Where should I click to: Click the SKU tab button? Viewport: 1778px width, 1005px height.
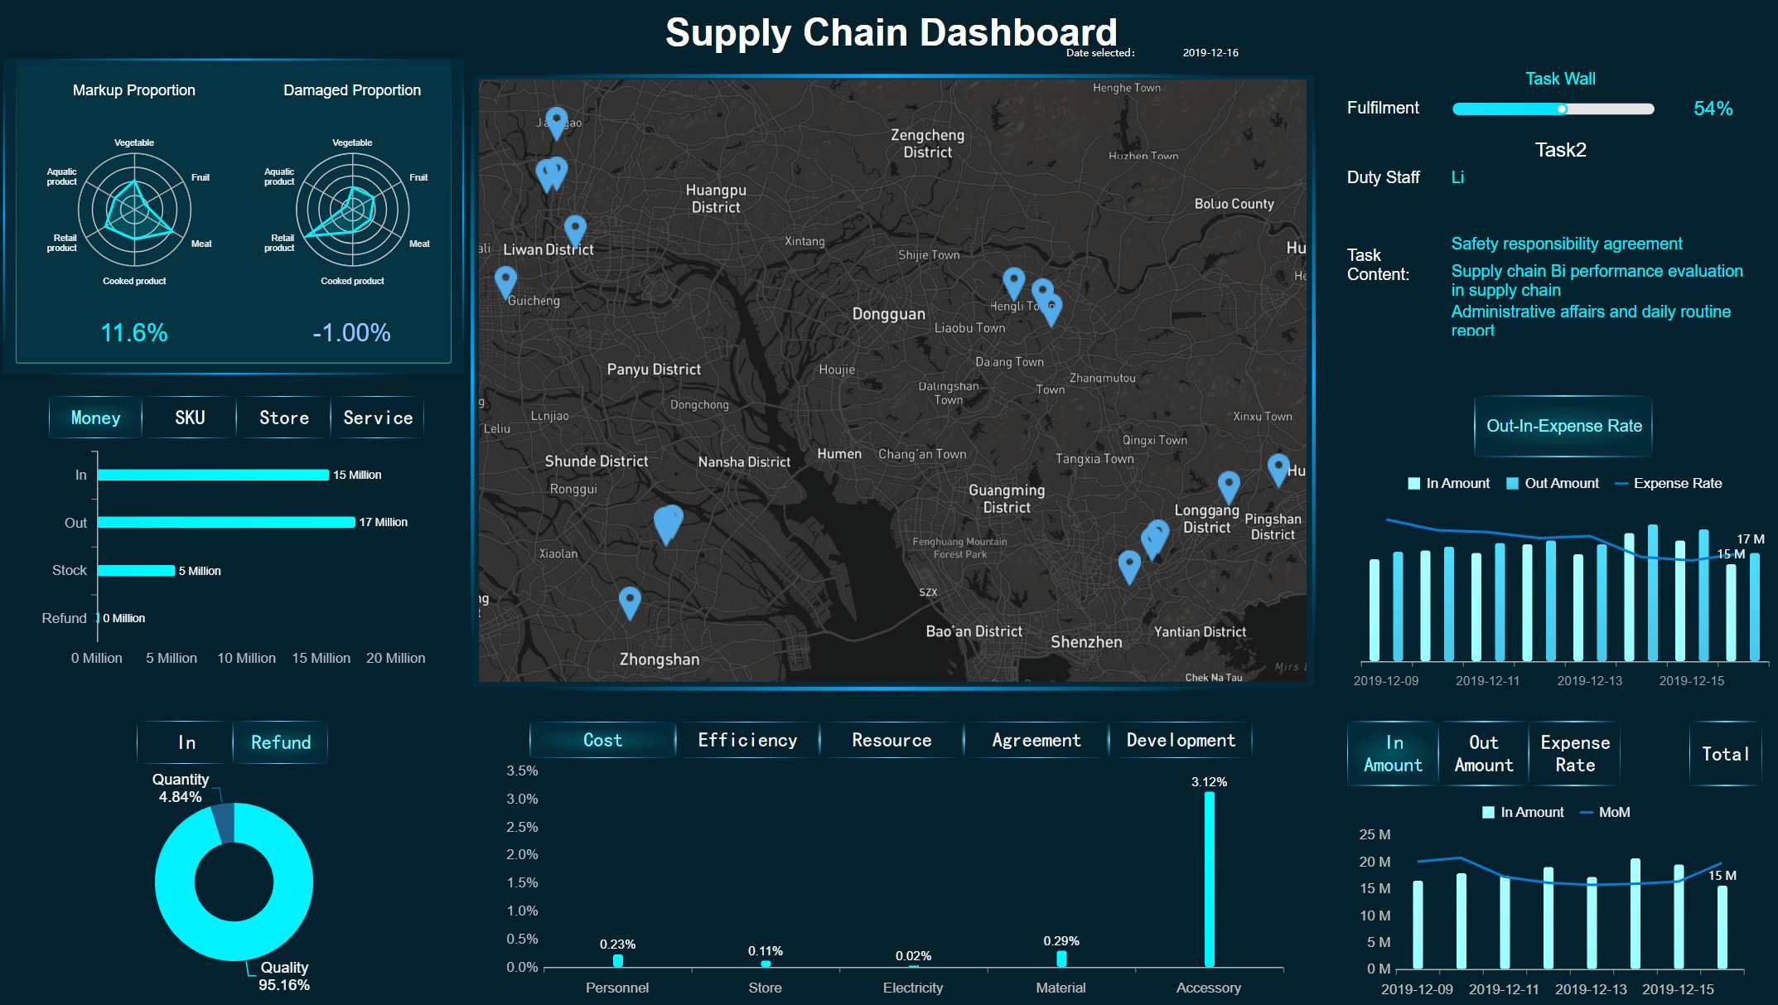point(190,418)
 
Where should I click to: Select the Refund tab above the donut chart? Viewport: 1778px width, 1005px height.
point(281,742)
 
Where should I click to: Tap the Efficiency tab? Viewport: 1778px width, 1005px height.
point(747,740)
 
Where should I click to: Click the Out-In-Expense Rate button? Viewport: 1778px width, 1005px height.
point(1563,426)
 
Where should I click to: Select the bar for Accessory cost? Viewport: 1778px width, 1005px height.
point(1209,878)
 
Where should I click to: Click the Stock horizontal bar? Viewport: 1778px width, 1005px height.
point(137,570)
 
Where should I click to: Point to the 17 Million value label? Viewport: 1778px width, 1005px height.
point(383,522)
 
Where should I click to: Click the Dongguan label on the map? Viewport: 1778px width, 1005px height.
point(888,314)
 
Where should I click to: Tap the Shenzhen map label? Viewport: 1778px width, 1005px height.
point(1086,642)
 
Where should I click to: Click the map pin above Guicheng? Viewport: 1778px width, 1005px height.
point(505,279)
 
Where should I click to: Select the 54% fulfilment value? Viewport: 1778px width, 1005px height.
point(1713,109)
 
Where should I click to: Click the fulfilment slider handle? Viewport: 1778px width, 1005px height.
point(1562,109)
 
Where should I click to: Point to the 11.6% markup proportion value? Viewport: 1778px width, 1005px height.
point(134,332)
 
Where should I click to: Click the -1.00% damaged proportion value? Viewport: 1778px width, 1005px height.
point(351,332)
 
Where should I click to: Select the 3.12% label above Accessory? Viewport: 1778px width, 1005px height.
point(1209,782)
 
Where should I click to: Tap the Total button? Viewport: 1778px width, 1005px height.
point(1725,754)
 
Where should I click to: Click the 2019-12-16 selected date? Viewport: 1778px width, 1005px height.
point(1210,52)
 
